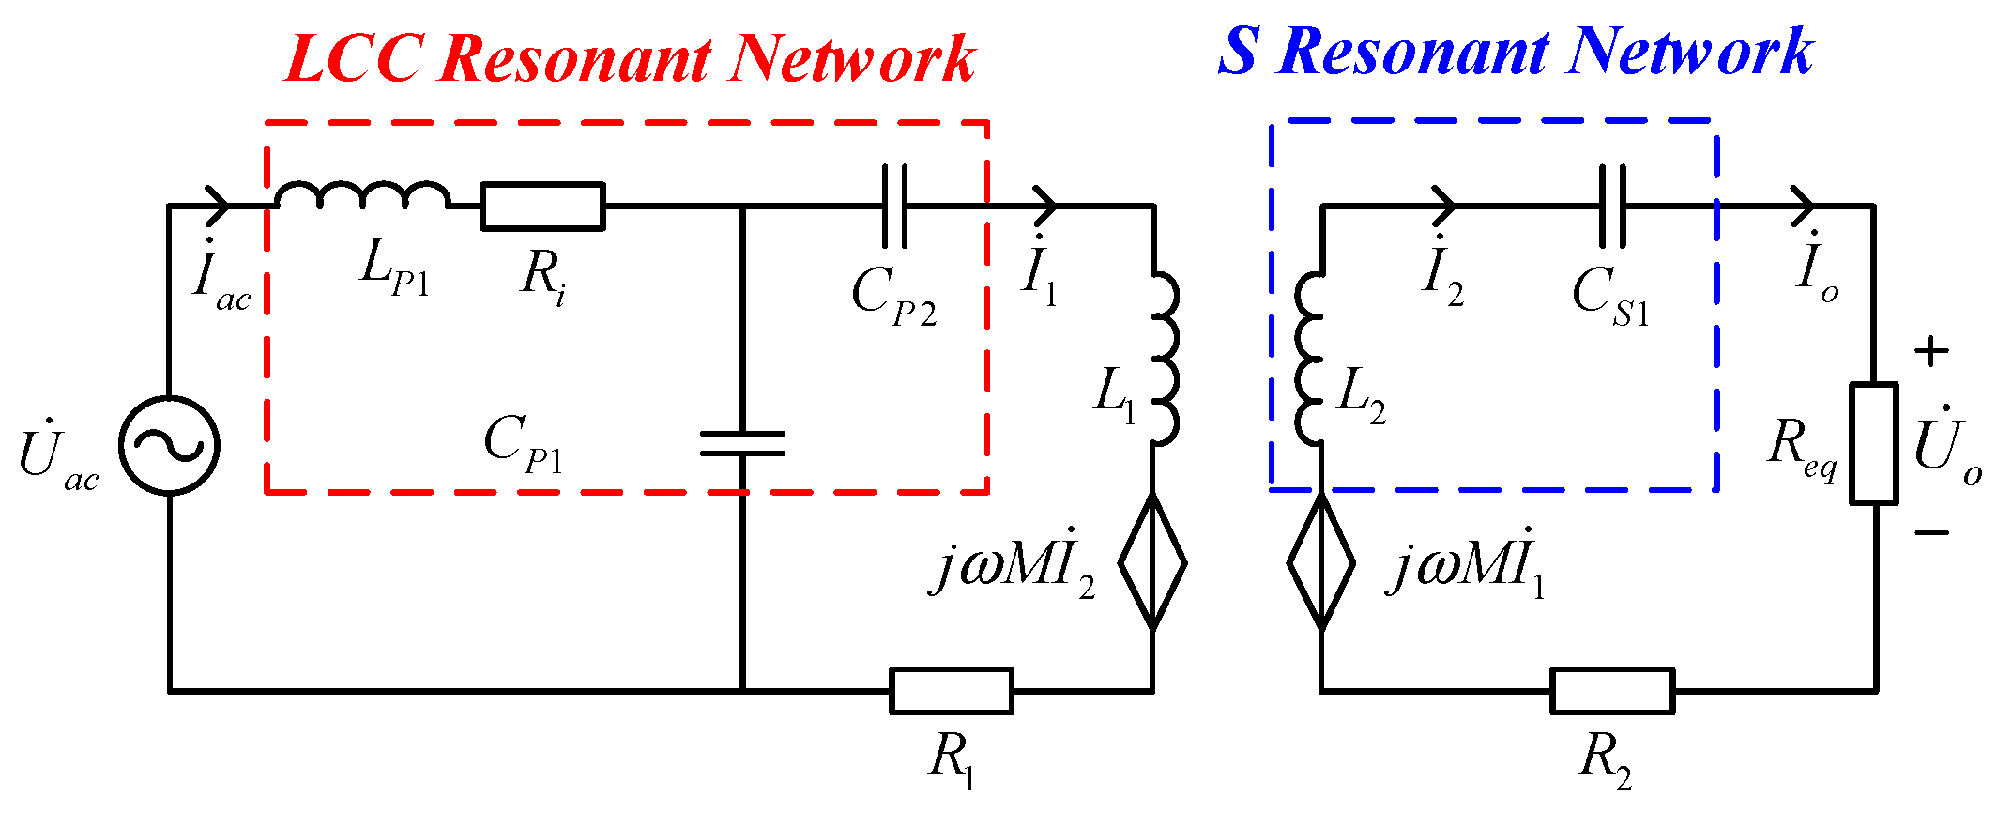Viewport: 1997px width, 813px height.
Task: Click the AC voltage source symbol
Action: click(x=169, y=445)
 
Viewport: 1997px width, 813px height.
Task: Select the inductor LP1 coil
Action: click(x=362, y=194)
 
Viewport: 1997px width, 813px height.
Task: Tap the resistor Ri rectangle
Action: click(x=542, y=207)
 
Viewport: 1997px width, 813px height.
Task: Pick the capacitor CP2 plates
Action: click(x=894, y=207)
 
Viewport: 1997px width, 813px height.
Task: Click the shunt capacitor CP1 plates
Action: click(x=742, y=443)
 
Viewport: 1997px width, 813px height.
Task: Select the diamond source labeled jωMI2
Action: click(x=1152, y=562)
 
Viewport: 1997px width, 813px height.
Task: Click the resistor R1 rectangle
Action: click(x=951, y=691)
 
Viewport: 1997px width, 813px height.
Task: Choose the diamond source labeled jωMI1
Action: click(x=1320, y=562)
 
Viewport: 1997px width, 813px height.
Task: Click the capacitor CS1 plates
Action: click(x=1612, y=207)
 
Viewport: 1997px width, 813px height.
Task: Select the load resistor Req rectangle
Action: click(x=1873, y=443)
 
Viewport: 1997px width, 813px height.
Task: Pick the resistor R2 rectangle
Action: click(x=1611, y=691)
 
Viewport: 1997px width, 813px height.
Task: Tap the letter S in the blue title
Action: click(x=1239, y=51)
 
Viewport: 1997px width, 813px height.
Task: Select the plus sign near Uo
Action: click(x=1931, y=352)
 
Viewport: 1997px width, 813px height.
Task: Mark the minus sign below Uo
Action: click(x=1931, y=532)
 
